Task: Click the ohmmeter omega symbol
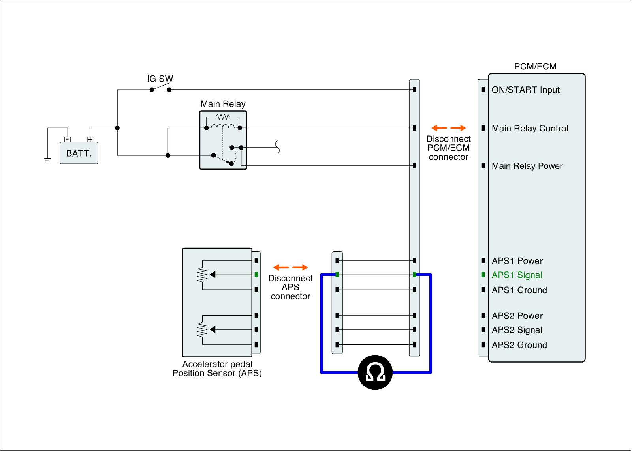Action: click(375, 372)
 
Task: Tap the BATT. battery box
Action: click(79, 153)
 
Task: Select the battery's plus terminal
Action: click(90, 139)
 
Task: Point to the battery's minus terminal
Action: click(68, 139)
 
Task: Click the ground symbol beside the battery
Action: click(47, 161)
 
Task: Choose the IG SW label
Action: click(160, 79)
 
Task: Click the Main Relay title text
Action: click(223, 104)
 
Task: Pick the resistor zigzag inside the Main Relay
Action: click(223, 116)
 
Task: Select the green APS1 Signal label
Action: click(517, 275)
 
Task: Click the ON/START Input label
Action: click(526, 90)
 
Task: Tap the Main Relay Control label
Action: click(530, 128)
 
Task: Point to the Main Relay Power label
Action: click(527, 166)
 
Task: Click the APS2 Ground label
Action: click(519, 345)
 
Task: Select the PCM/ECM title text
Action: click(535, 67)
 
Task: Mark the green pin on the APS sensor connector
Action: click(256, 275)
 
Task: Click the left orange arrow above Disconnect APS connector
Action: click(281, 267)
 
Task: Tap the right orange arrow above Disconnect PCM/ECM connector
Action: click(458, 128)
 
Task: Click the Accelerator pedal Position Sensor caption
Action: click(217, 369)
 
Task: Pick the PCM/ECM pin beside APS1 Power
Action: click(483, 260)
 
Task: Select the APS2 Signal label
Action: click(517, 330)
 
